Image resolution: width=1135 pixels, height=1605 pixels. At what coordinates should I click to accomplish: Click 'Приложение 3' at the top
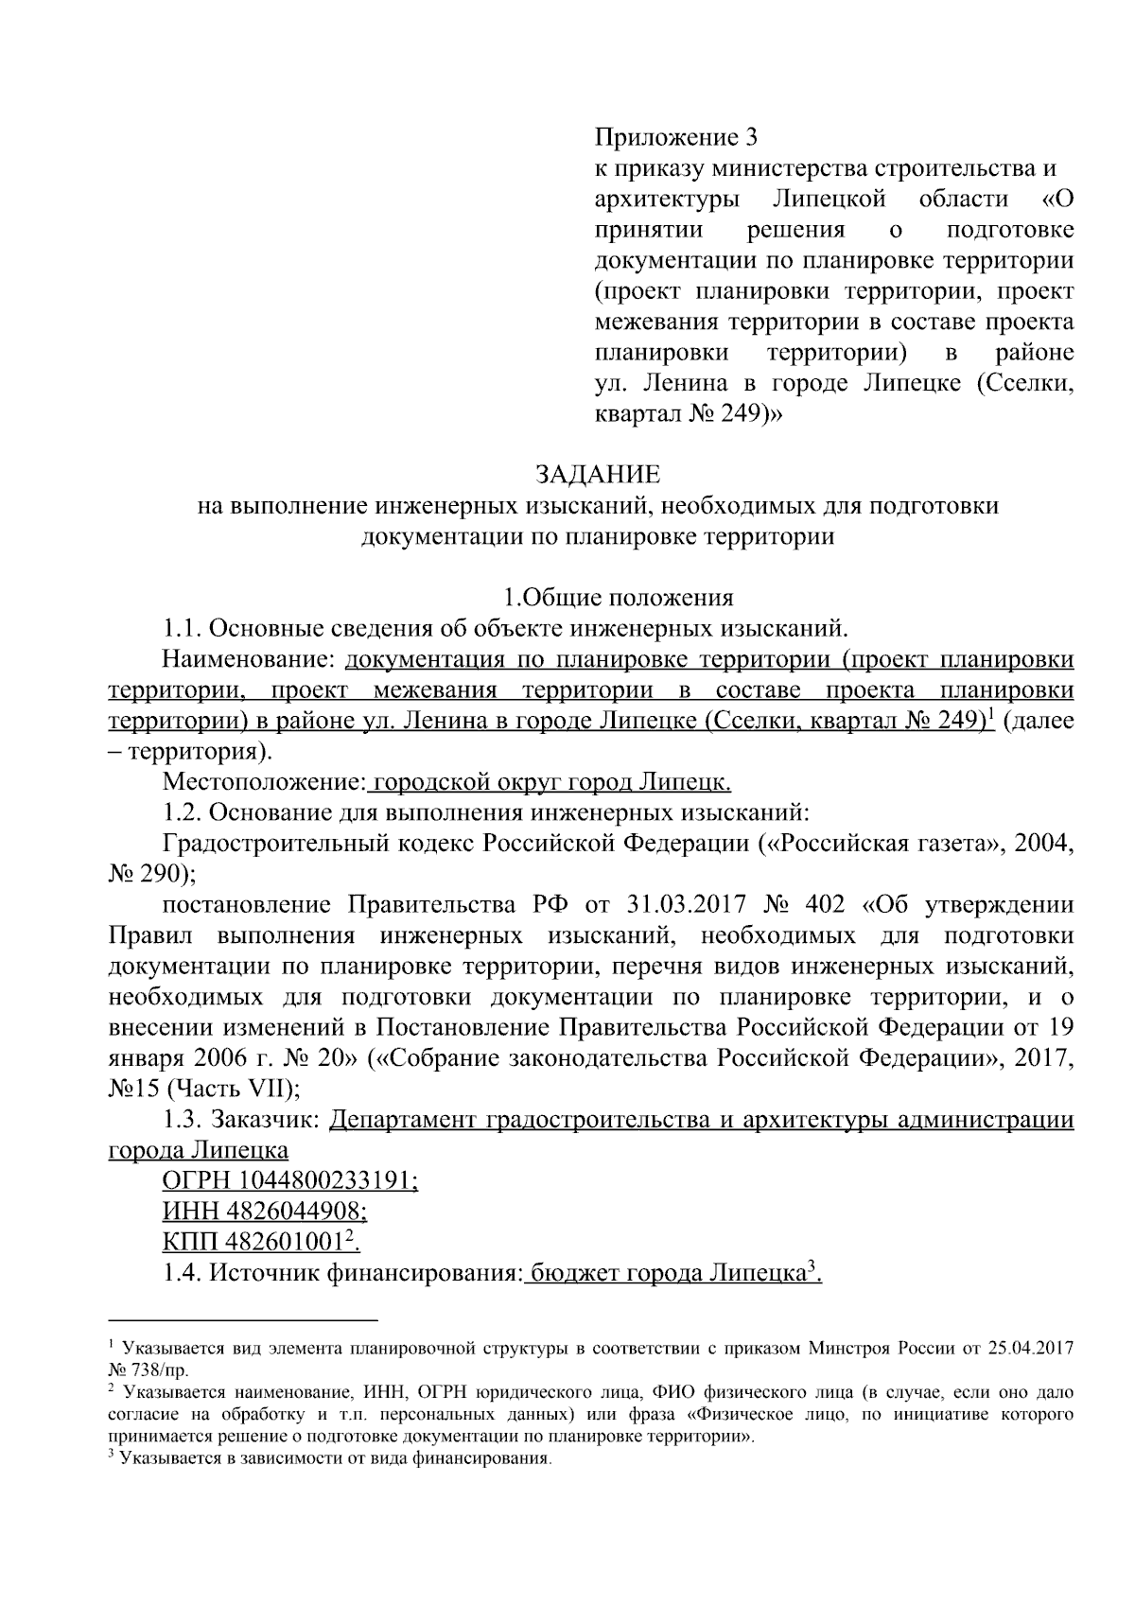click(x=676, y=138)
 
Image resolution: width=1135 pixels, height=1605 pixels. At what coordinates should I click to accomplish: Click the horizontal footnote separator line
click(x=243, y=1318)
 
